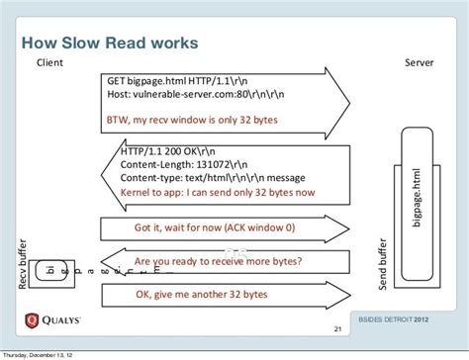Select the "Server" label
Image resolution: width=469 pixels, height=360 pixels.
420,63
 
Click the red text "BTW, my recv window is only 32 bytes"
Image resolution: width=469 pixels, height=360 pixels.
192,119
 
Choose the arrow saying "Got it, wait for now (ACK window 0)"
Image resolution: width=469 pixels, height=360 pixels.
214,226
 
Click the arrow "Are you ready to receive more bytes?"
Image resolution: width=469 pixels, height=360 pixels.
218,262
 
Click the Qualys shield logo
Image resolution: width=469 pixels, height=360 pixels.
34,320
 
